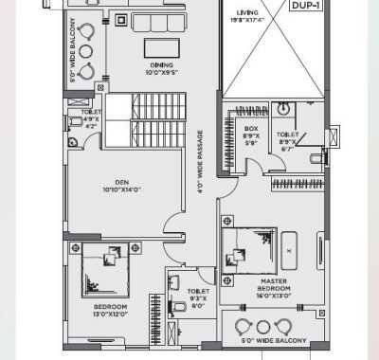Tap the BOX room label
coord(251,132)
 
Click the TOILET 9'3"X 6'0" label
coord(198,298)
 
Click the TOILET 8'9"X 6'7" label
coord(288,140)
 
